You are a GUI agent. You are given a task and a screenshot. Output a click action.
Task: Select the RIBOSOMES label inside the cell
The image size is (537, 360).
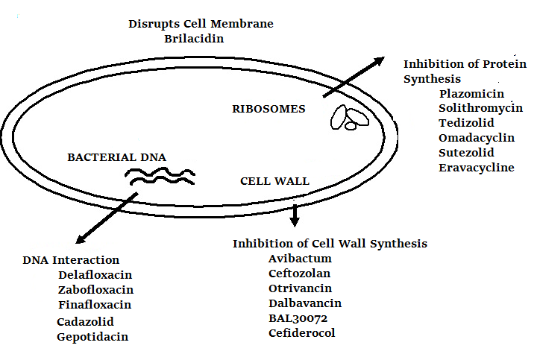pyautogui.click(x=269, y=109)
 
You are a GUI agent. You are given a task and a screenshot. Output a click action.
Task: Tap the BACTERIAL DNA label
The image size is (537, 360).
pyautogui.click(x=117, y=157)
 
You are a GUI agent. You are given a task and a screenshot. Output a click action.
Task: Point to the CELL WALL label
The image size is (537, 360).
pyautogui.click(x=274, y=181)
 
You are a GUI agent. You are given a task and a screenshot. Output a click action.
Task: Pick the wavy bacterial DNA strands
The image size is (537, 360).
pyautogui.click(x=160, y=176)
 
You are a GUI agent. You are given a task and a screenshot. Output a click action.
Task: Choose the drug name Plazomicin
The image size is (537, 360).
pyautogui.click(x=471, y=94)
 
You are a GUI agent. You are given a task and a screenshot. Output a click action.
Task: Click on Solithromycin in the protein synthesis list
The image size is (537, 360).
pyautogui.click(x=480, y=109)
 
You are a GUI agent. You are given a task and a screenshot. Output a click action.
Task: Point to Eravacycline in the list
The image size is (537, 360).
pyautogui.click(x=477, y=168)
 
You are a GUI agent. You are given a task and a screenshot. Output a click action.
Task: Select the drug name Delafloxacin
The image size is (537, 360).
pyautogui.click(x=95, y=274)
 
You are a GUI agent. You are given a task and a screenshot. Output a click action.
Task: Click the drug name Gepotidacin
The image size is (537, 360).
pyautogui.click(x=92, y=337)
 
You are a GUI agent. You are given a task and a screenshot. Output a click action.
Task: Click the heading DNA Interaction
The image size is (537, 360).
pyautogui.click(x=71, y=260)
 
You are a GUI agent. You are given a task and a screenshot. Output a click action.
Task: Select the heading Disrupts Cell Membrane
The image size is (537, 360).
pyautogui.click(x=201, y=24)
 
